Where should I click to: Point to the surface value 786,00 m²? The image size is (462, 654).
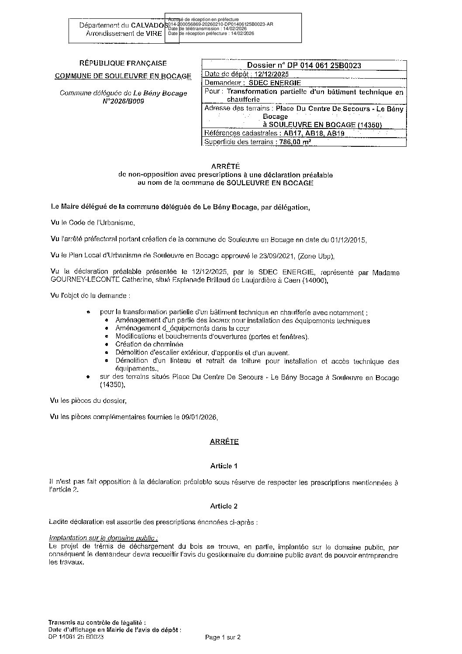[295, 142]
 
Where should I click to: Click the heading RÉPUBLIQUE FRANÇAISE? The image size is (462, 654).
[123, 63]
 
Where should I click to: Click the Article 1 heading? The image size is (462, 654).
[224, 466]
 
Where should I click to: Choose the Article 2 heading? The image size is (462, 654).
[224, 506]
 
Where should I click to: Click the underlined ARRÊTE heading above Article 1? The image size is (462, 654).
[224, 442]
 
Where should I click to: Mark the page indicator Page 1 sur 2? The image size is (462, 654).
[223, 637]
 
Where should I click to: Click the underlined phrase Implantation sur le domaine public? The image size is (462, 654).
[103, 538]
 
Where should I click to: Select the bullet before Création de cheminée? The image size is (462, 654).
[107, 345]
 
